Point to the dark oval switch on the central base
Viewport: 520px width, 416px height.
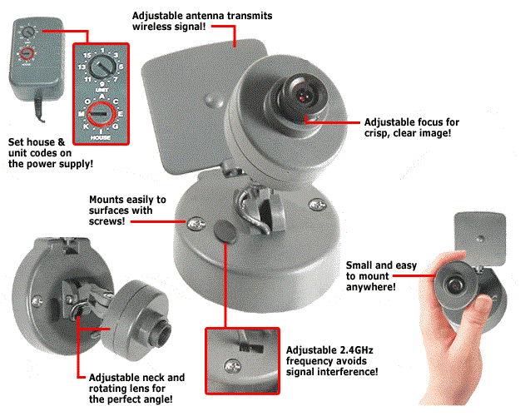click(x=225, y=230)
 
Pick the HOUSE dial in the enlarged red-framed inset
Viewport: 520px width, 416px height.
click(x=101, y=111)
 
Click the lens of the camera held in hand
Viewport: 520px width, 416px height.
click(x=455, y=283)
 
